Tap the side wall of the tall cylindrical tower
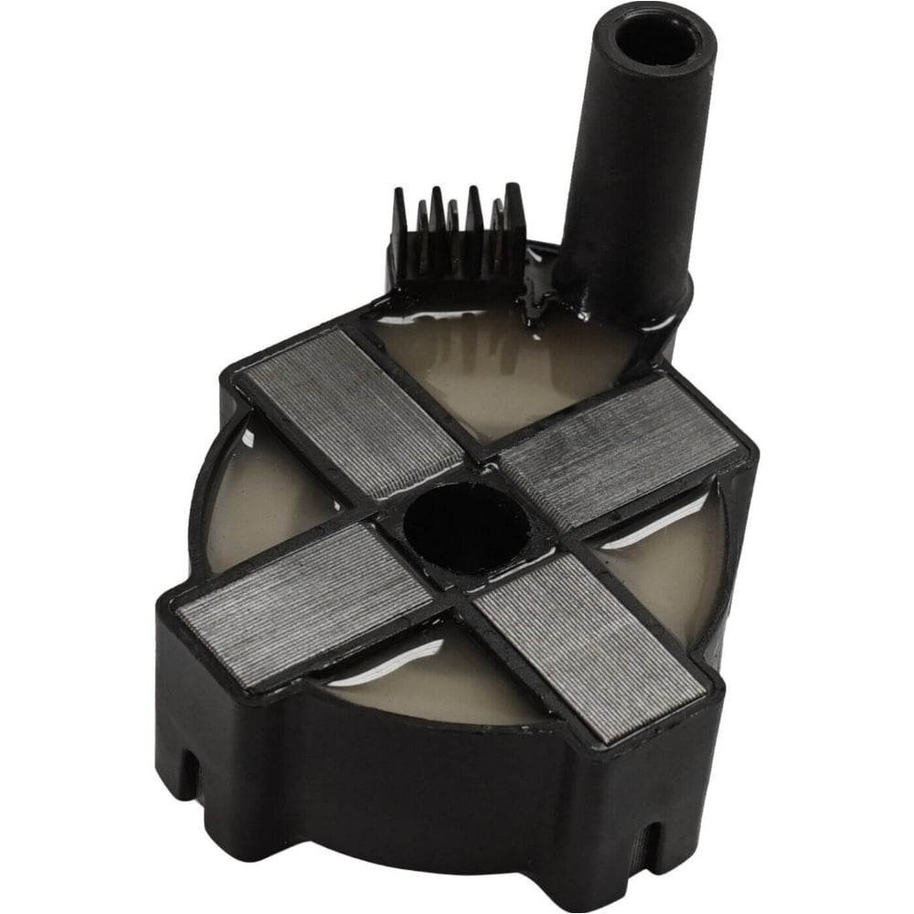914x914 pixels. click(631, 183)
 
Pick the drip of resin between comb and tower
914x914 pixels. click(531, 302)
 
